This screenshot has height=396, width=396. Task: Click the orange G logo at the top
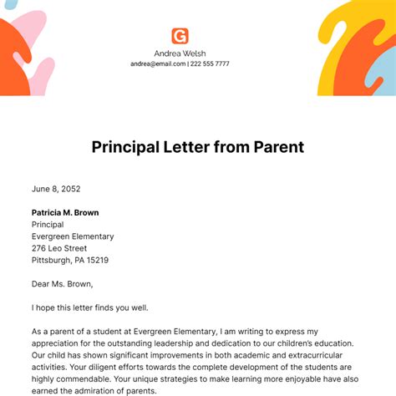point(180,36)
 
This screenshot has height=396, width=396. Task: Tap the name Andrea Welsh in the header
point(180,53)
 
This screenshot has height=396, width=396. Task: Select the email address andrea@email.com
point(157,64)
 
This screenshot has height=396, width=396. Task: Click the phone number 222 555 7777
point(210,64)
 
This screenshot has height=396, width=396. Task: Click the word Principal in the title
point(130,148)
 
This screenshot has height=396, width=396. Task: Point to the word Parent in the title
point(277,148)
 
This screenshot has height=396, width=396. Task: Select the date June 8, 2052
point(56,189)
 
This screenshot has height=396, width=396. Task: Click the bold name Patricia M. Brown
point(65,212)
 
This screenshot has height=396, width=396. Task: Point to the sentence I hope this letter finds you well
point(89,307)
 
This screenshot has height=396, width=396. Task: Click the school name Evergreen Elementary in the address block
point(73,236)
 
